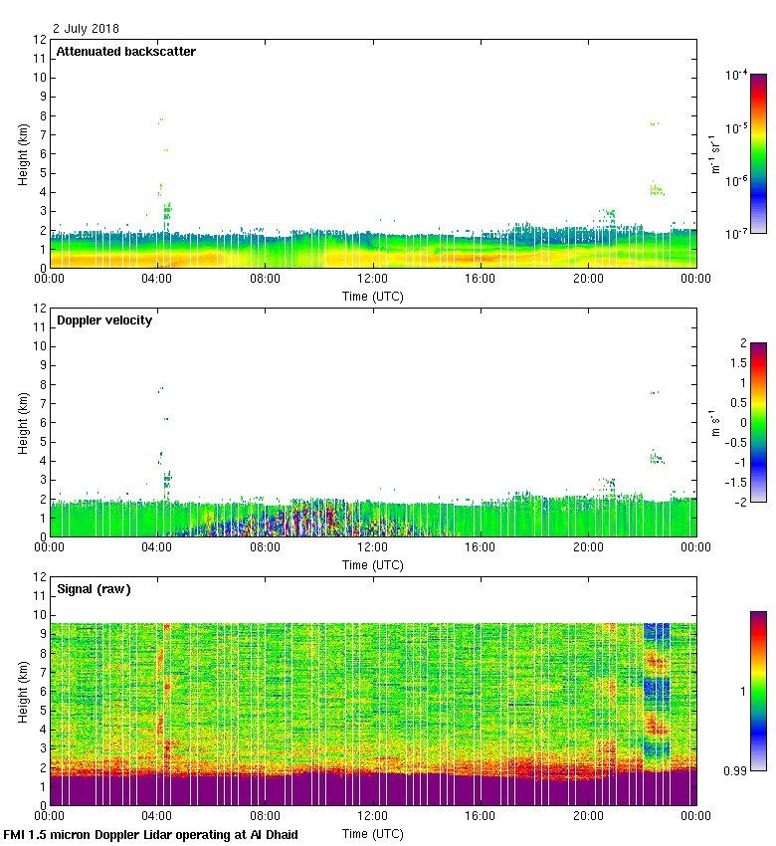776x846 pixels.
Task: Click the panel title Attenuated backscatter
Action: (126, 52)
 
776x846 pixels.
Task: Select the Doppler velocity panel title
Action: (104, 320)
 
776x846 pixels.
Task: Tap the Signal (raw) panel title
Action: (94, 589)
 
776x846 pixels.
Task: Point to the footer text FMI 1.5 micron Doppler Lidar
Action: (151, 835)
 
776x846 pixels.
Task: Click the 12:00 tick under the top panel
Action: (373, 280)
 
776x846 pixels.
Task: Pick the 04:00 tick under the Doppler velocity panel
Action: (158, 548)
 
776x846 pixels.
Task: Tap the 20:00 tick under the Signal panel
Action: (588, 817)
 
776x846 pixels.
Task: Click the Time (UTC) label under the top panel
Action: (373, 296)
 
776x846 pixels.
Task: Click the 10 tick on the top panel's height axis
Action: (40, 78)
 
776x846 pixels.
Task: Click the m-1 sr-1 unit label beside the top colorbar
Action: (715, 154)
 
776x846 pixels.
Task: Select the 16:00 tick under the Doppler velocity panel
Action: (481, 548)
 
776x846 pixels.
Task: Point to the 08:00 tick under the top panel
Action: (266, 280)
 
